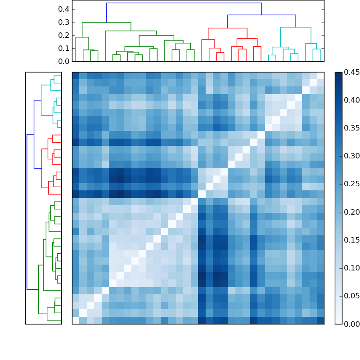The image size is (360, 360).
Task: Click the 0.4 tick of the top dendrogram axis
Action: click(x=63, y=9)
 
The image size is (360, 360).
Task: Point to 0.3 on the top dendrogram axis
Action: click(x=63, y=22)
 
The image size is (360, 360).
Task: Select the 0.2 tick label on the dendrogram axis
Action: click(x=63, y=36)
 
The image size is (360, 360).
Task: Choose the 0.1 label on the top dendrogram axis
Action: click(x=63, y=49)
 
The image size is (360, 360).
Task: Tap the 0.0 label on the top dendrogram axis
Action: click(x=63, y=61)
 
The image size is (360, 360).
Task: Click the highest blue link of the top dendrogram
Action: click(x=184, y=3)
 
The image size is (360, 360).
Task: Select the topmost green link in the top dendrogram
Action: click(x=107, y=22)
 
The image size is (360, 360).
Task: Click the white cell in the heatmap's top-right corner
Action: click(x=320, y=76)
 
